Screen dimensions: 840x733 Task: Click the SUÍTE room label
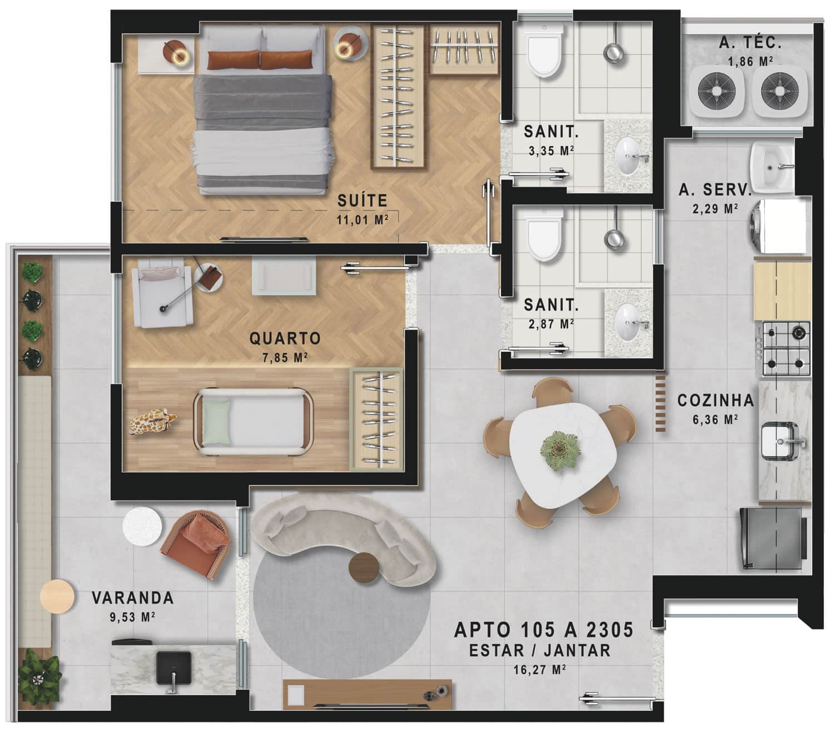click(x=362, y=201)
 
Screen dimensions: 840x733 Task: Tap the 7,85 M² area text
click(x=285, y=357)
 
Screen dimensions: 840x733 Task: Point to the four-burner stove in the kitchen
click(x=786, y=349)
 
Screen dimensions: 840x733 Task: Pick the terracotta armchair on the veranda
click(x=196, y=544)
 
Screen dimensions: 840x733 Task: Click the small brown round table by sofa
click(x=364, y=567)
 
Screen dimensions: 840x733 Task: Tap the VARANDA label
click(x=133, y=598)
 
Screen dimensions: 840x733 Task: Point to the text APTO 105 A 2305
click(x=544, y=630)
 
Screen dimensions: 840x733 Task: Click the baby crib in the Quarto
click(x=254, y=422)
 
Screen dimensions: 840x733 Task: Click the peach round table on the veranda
click(x=57, y=596)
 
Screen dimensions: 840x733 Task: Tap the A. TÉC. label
click(x=750, y=43)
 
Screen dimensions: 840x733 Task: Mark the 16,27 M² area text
click(x=539, y=670)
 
